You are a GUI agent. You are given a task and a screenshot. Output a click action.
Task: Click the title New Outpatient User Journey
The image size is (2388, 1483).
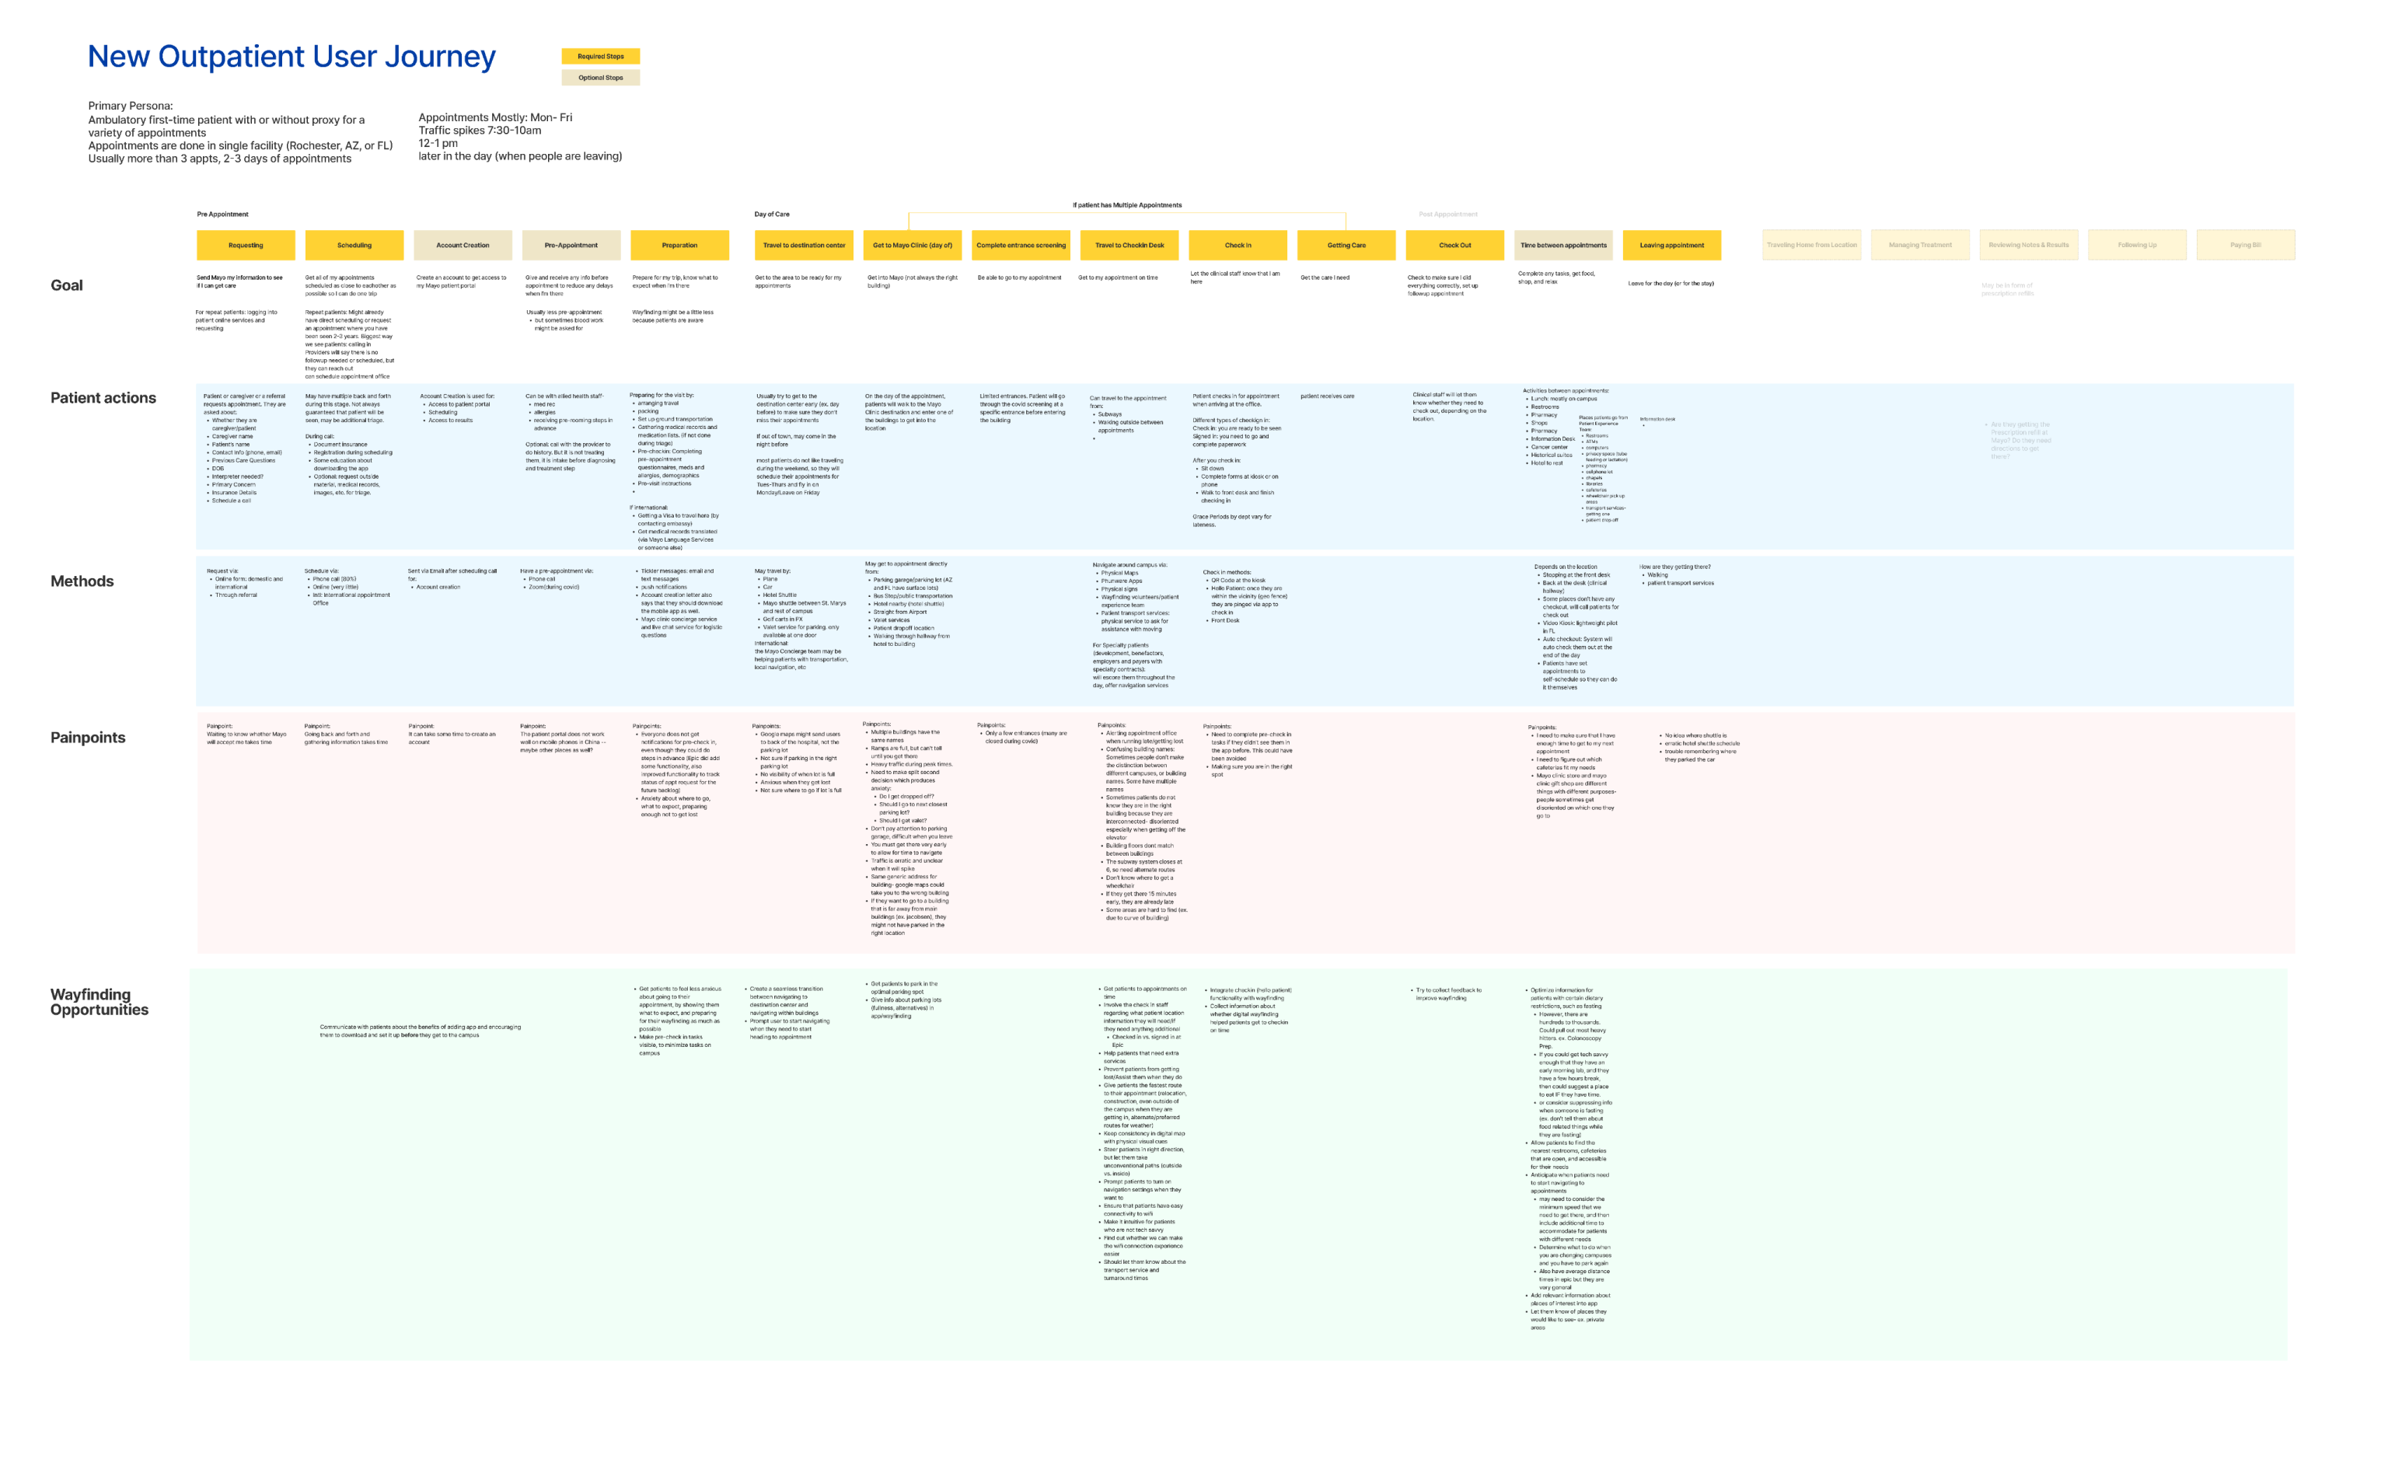coord(292,57)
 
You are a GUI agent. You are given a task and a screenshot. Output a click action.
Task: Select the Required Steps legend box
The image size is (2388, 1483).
coord(600,57)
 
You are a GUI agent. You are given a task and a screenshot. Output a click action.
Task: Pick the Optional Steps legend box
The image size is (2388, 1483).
coord(600,78)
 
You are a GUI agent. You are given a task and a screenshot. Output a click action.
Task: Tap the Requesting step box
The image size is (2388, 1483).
coord(245,245)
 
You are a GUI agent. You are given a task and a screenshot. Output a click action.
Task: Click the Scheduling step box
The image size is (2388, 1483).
coord(354,245)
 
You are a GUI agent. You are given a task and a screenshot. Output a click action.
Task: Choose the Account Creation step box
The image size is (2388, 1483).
coord(462,245)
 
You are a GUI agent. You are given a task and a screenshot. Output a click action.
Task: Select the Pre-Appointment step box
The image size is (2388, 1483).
coord(571,245)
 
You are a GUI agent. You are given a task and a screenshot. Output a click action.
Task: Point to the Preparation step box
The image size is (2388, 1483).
coord(679,245)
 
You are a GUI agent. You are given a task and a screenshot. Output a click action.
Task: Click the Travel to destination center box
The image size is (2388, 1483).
coord(803,245)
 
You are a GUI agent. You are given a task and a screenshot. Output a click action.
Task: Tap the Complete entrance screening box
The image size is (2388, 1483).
coord(1021,245)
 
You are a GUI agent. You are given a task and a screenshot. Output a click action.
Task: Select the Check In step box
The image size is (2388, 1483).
coord(1238,245)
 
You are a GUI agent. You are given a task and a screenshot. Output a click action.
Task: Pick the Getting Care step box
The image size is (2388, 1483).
coord(1346,245)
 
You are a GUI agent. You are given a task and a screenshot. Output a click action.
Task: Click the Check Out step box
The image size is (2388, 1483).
coord(1454,245)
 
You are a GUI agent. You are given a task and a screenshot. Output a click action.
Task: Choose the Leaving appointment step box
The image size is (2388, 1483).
coord(1671,245)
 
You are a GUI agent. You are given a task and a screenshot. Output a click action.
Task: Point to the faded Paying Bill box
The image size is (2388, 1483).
coord(2245,245)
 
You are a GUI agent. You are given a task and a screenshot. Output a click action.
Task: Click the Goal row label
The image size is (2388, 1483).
coord(67,285)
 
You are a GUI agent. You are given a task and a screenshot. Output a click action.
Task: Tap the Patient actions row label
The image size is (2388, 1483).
coord(103,398)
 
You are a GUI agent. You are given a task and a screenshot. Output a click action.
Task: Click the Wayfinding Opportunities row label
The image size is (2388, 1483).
coord(99,1003)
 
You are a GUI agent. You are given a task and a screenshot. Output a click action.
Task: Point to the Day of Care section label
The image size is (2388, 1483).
coord(771,214)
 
